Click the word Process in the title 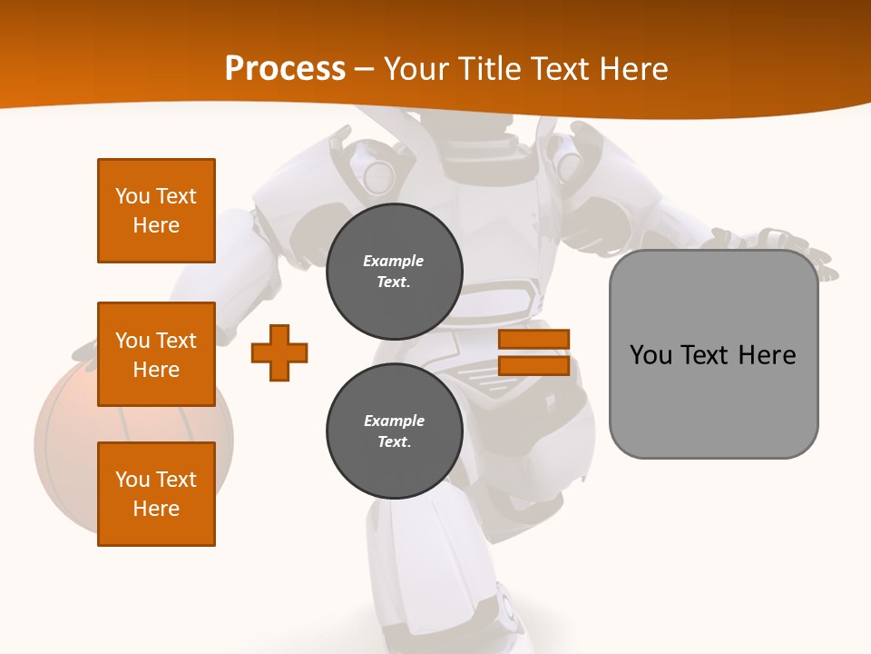(x=285, y=69)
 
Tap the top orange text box (x=156, y=211)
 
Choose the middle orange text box (x=156, y=354)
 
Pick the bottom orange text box (x=156, y=494)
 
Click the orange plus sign (x=279, y=352)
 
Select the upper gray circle (x=394, y=271)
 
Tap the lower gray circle (x=394, y=431)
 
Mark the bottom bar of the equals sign (x=533, y=365)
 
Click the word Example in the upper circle (x=394, y=261)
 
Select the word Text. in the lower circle (x=394, y=442)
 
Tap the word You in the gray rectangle (x=651, y=355)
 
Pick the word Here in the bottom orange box (x=156, y=509)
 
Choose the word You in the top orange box (x=132, y=196)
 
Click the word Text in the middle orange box (x=176, y=341)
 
